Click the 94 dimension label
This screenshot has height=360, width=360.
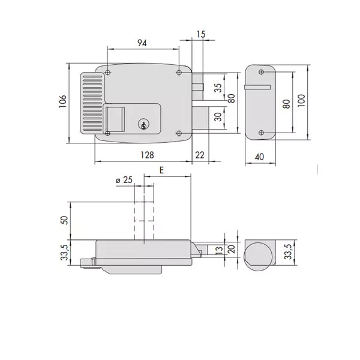(142, 43)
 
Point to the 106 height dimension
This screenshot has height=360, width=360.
(62, 101)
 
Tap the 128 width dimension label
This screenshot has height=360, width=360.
(147, 155)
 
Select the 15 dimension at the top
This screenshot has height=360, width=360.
(201, 34)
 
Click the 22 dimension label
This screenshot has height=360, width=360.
(200, 155)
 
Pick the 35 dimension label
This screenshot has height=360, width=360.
(218, 88)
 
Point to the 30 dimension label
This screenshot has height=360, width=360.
(218, 116)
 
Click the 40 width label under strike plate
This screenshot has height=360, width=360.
(259, 157)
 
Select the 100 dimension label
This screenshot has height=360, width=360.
(301, 100)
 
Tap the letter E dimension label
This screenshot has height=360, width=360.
(161, 170)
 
